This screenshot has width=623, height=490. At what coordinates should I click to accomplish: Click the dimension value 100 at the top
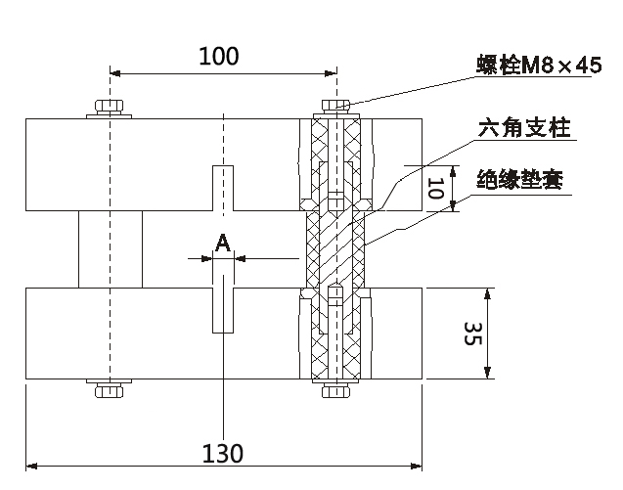point(218,56)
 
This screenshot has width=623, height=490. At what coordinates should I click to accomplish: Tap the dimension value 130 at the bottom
point(222,453)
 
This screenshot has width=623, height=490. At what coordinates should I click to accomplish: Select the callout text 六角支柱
point(523,129)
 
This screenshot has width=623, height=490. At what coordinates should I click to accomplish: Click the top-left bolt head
point(109,107)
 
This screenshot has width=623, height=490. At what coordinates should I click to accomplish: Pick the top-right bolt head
point(335,105)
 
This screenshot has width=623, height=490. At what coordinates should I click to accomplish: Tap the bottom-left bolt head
point(109,391)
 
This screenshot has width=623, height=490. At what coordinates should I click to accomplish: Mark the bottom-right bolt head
point(335,391)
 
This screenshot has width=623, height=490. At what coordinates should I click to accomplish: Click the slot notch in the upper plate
point(224,188)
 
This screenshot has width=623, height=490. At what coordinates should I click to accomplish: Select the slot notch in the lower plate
point(224,305)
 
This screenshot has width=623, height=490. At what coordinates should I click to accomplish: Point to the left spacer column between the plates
point(110,248)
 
